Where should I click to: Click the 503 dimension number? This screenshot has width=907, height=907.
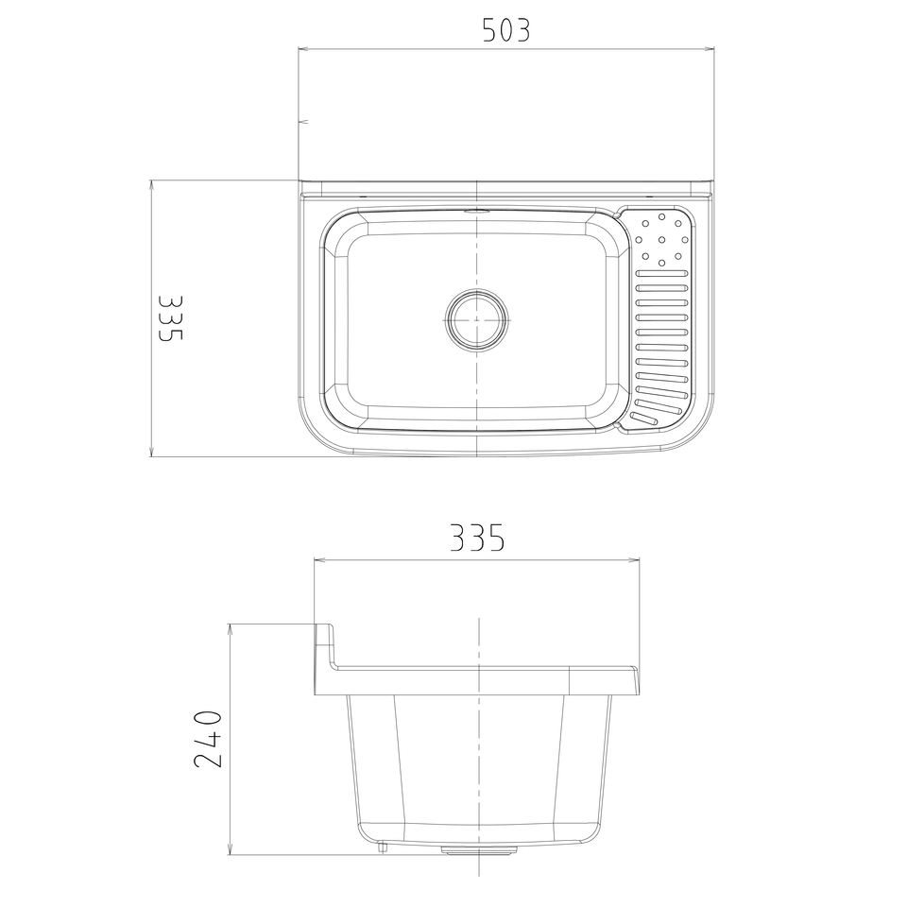pos(506,30)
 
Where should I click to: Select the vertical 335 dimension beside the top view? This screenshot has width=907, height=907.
pos(171,317)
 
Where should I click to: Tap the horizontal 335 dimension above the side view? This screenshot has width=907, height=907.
pos(477,538)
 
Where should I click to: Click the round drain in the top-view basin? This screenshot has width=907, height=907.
pos(476,319)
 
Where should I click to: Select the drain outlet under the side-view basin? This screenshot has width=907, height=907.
pos(479,849)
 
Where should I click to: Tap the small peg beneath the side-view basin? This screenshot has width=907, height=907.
pos(383,847)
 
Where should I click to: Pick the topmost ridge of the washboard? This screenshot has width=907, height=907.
pos(661,273)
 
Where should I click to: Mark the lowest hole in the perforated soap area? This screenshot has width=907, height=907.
pos(661,264)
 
